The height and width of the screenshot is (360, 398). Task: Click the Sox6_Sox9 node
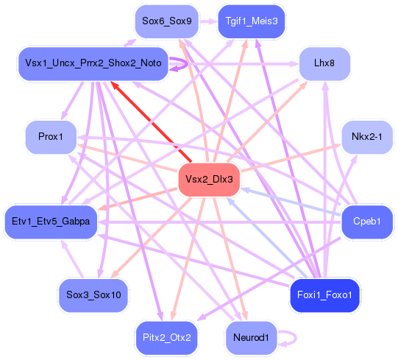pos(167,21)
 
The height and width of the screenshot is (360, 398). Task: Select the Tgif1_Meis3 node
pos(251,21)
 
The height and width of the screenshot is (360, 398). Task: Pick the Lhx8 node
pos(324,64)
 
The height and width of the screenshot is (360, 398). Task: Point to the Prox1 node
pos(51,137)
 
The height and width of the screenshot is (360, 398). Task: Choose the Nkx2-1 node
pos(366,137)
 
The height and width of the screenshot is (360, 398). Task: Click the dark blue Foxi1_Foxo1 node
pos(324,295)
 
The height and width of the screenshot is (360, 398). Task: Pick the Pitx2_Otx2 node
pos(167,338)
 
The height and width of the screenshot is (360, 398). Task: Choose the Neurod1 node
pos(251,338)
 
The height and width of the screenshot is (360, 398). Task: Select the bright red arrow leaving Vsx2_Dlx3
pos(151,121)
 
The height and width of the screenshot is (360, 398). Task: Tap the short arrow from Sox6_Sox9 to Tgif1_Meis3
pos(208,21)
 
